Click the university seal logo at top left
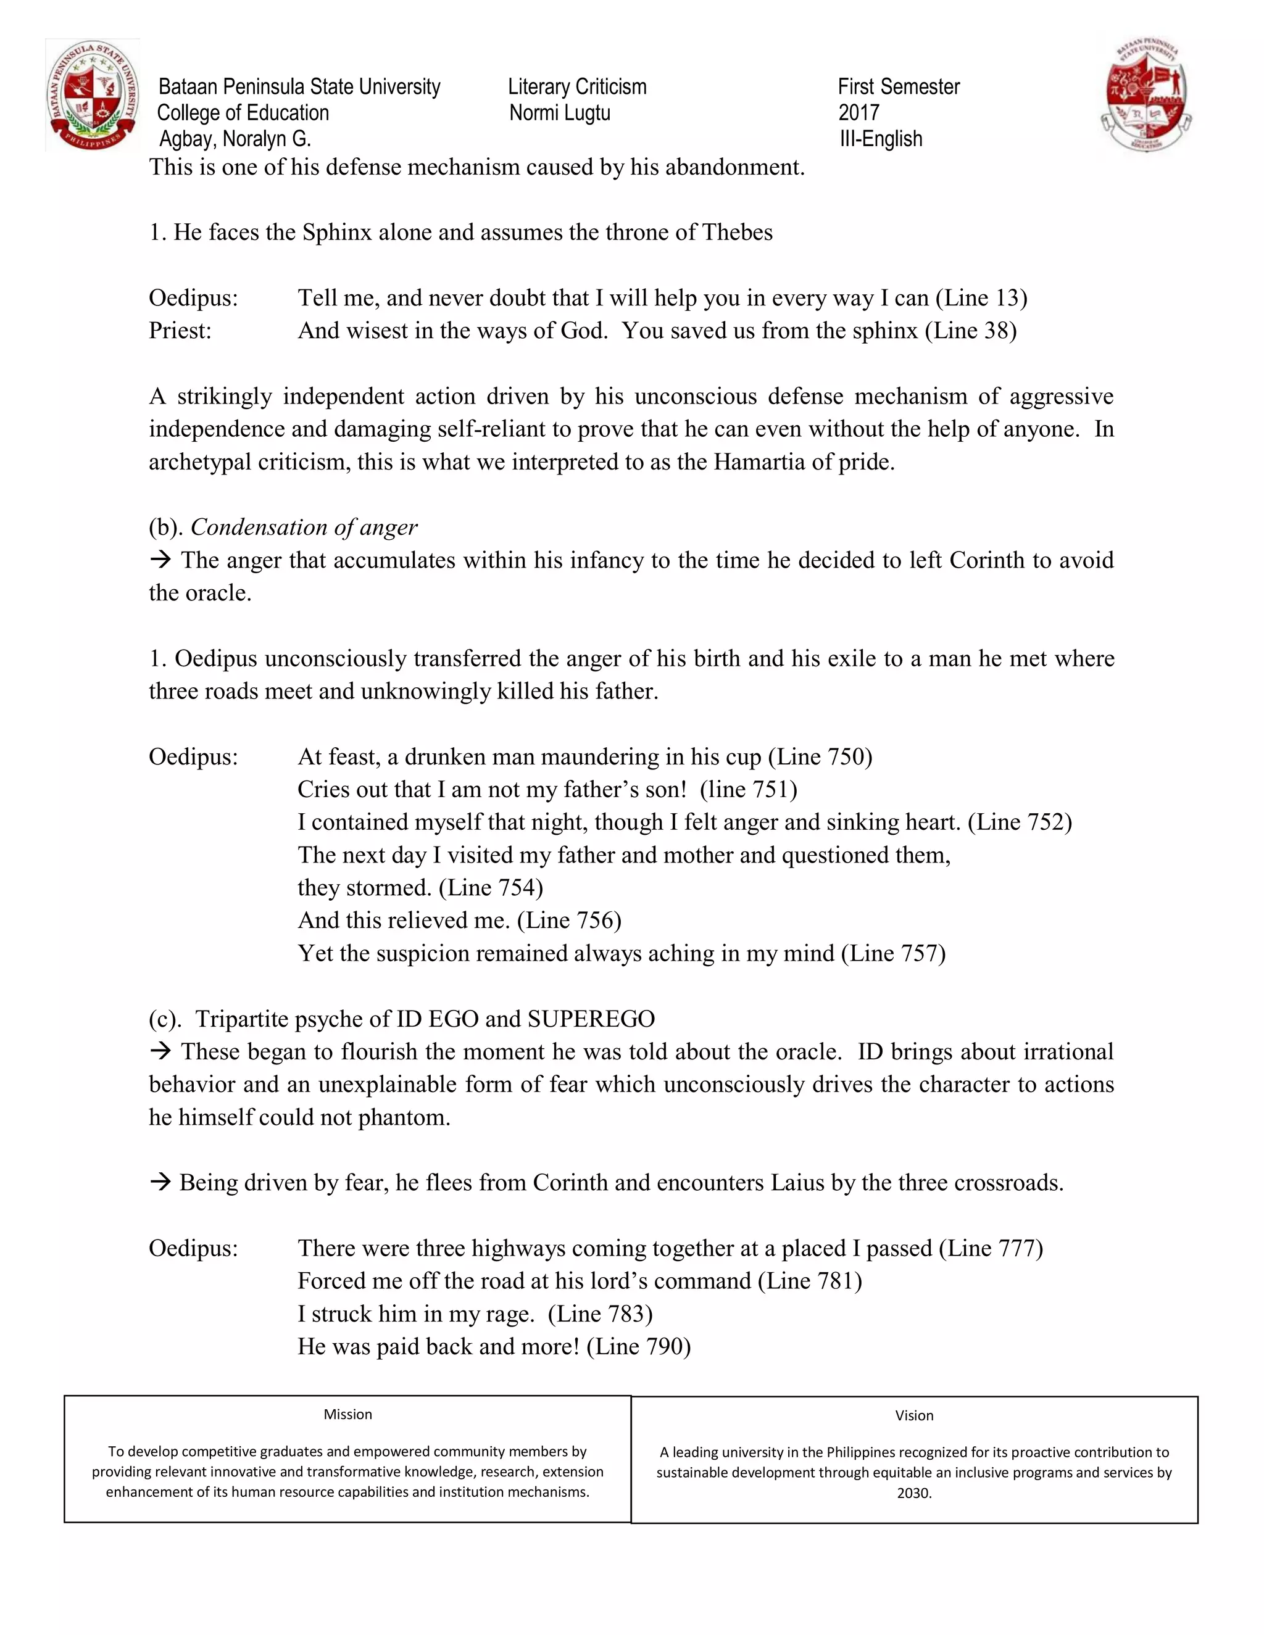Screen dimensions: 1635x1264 click(93, 96)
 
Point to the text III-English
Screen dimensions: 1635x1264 click(881, 139)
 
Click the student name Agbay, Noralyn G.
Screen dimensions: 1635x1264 click(235, 139)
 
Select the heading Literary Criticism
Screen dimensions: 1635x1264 click(576, 87)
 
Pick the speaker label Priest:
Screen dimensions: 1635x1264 click(180, 331)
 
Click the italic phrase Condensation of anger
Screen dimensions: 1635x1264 click(304, 528)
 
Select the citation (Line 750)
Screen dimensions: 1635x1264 click(821, 757)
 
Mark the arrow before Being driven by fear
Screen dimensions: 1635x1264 click(160, 1183)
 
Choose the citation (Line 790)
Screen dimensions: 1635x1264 click(638, 1347)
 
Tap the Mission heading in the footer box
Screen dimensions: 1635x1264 click(347, 1414)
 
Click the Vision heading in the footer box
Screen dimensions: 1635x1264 click(913, 1415)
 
